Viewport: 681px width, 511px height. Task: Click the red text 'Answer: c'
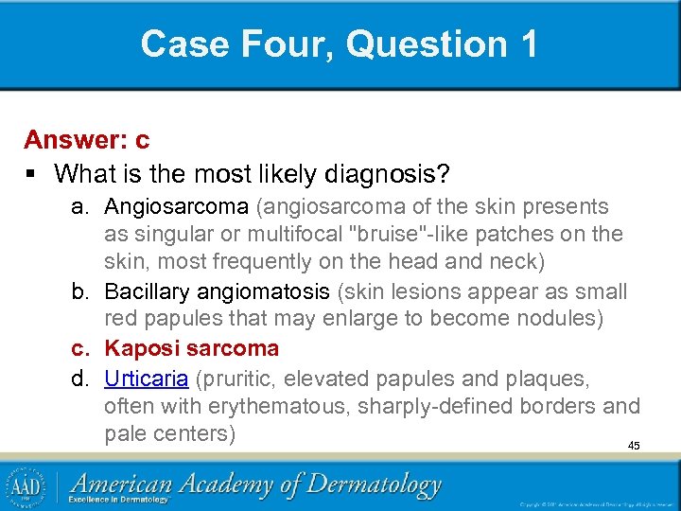click(87, 140)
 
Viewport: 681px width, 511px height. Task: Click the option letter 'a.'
click(82, 206)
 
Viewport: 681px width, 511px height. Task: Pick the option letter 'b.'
click(82, 291)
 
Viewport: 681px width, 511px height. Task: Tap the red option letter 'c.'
click(82, 348)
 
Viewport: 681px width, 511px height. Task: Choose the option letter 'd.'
click(82, 379)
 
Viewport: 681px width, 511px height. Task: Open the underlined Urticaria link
click(146, 379)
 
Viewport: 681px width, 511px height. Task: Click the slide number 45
click(634, 445)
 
